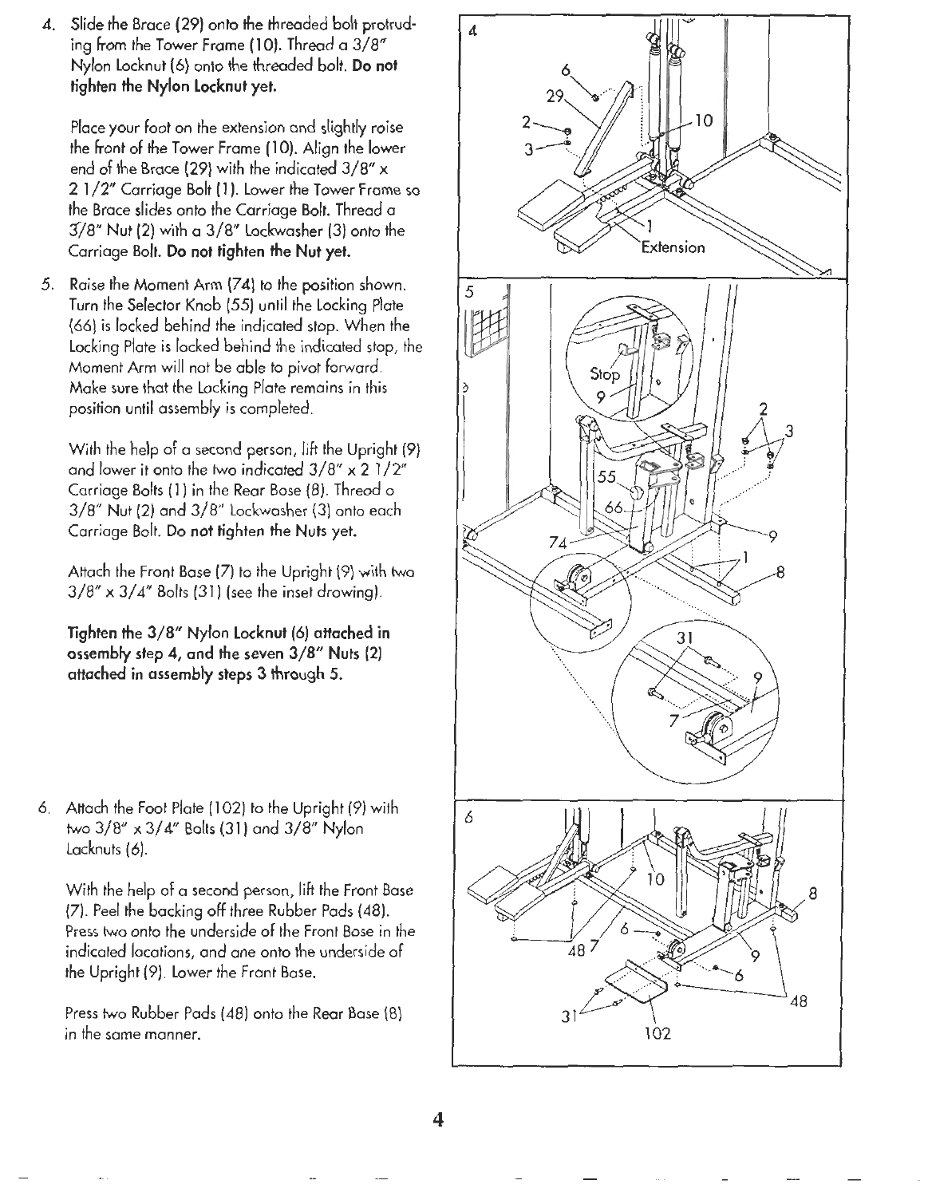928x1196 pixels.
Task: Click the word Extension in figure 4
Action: point(673,247)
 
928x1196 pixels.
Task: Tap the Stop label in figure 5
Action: point(604,373)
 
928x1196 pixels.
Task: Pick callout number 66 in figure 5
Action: point(615,508)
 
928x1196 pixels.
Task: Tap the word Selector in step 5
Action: point(145,306)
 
